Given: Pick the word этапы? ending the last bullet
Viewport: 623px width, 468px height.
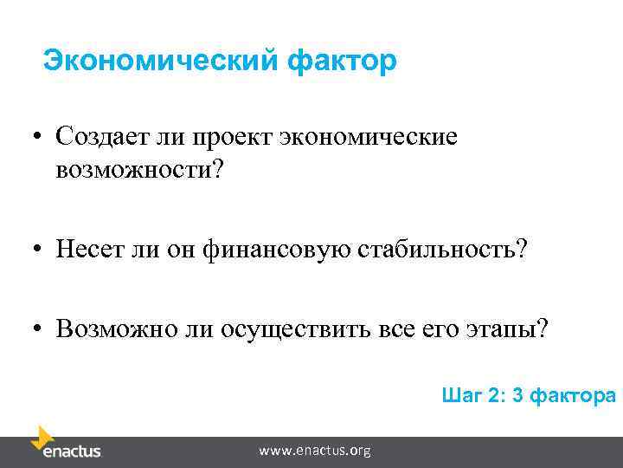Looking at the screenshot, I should tap(506, 330).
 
